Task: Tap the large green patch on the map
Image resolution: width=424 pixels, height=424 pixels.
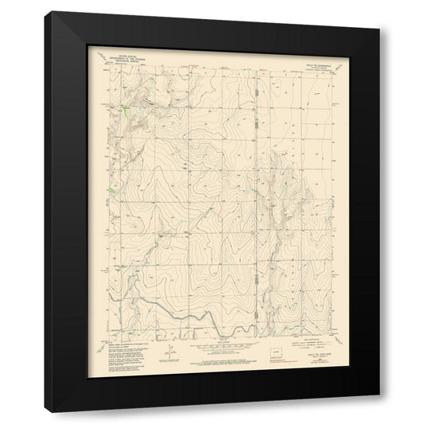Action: (x=126, y=109)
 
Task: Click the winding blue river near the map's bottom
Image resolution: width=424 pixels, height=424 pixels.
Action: (x=207, y=318)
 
